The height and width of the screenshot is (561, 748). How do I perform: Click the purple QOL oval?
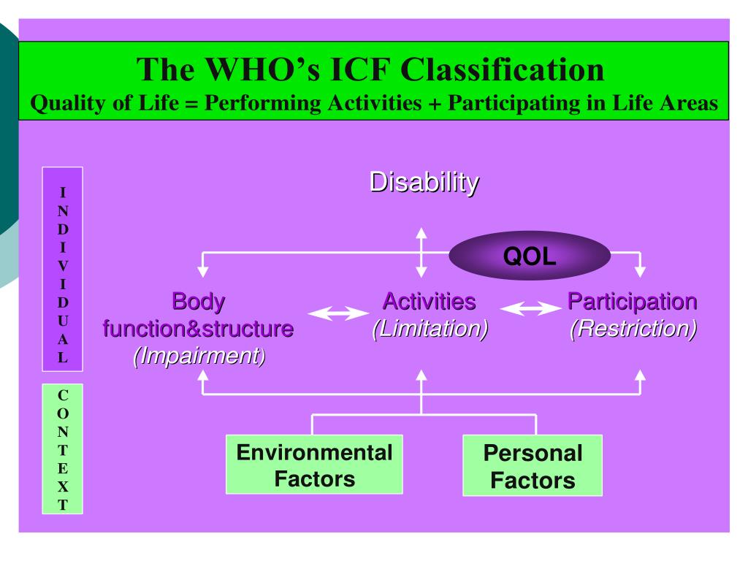[x=530, y=256]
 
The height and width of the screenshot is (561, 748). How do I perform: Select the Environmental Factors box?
[x=314, y=465]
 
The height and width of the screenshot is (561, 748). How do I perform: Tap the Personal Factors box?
[x=533, y=465]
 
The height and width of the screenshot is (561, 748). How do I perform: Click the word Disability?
[x=424, y=182]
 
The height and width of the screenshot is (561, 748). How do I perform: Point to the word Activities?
[x=429, y=301]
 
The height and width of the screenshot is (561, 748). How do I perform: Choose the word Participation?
[x=632, y=301]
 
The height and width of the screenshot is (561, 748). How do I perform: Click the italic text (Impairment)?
[x=199, y=356]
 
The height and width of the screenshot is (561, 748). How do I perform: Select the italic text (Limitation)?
[x=430, y=329]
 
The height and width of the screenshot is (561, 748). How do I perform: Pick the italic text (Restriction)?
[x=633, y=329]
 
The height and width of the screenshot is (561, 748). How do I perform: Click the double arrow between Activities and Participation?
[x=531, y=310]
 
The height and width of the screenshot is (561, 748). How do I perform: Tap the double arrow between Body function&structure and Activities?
[x=338, y=314]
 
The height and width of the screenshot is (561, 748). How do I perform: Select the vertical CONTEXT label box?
[x=63, y=449]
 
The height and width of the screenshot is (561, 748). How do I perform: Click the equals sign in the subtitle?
[x=191, y=103]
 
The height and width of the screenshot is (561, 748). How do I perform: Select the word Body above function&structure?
[x=198, y=301]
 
